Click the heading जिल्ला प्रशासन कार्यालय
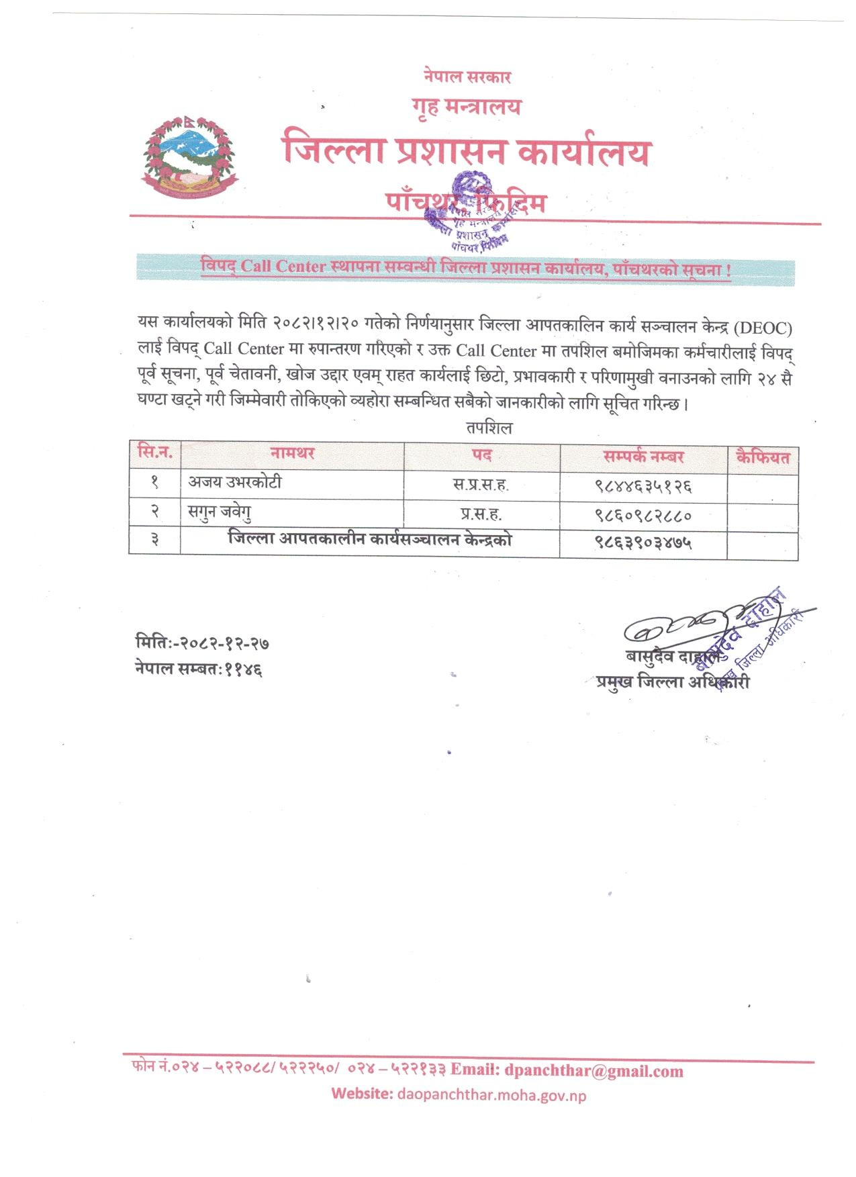[x=466, y=151]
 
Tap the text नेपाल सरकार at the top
[x=467, y=77]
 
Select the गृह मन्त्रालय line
[x=467, y=106]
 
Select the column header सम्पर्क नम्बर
[x=643, y=457]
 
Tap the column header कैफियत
[x=763, y=458]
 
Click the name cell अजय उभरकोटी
[x=234, y=482]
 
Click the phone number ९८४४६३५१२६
[x=643, y=485]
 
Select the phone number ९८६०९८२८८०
[x=643, y=516]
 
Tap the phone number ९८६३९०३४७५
[x=643, y=543]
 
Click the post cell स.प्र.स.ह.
[x=481, y=485]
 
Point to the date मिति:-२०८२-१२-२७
[x=202, y=643]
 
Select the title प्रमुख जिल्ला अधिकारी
[x=672, y=682]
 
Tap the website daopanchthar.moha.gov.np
[x=491, y=1095]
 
